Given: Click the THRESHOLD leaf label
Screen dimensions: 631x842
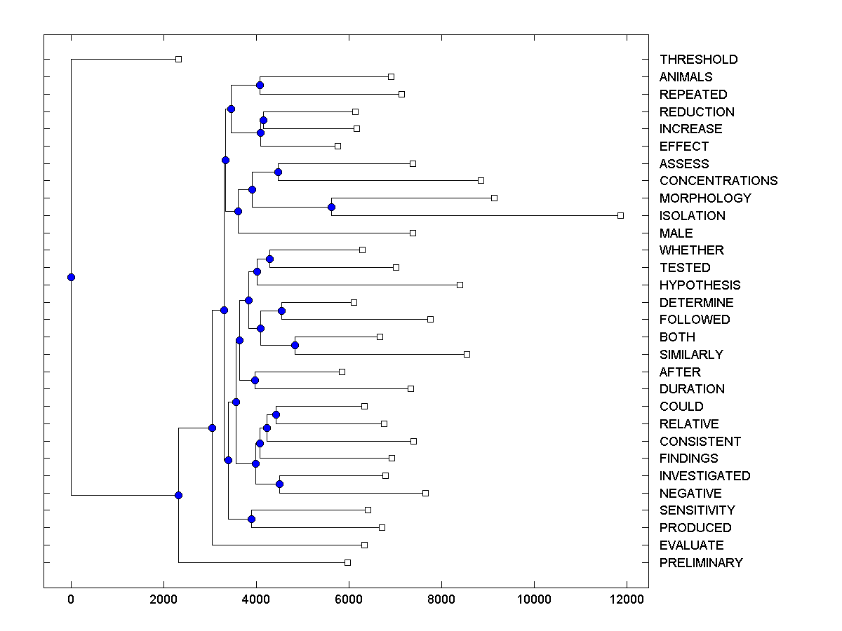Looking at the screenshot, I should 698,60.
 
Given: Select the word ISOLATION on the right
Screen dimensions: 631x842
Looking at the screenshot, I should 692,216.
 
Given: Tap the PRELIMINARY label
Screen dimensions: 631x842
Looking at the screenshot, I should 700,563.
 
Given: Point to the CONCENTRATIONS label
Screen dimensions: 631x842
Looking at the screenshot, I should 719,181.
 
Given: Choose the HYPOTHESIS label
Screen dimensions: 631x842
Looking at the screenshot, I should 700,285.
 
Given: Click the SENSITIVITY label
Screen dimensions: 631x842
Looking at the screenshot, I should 697,510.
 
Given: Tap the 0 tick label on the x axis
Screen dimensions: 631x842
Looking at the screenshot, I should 71,599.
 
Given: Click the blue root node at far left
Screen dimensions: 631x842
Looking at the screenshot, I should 71,277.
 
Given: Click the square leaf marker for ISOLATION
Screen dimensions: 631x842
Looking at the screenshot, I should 620,215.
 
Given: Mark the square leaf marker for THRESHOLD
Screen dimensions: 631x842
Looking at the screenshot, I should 178,59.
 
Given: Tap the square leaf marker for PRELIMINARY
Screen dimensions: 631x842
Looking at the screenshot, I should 347,562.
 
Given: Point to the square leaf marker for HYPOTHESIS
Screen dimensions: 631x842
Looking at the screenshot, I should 460,285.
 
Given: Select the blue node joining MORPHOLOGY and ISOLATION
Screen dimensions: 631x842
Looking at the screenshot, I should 331,207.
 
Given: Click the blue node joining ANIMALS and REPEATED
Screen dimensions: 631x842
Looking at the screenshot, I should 260,85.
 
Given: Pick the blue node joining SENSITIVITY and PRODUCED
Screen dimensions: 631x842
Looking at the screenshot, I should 251,519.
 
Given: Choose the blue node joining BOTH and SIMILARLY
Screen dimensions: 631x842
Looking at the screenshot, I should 295,345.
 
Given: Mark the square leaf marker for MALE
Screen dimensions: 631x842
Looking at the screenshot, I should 413,233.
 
